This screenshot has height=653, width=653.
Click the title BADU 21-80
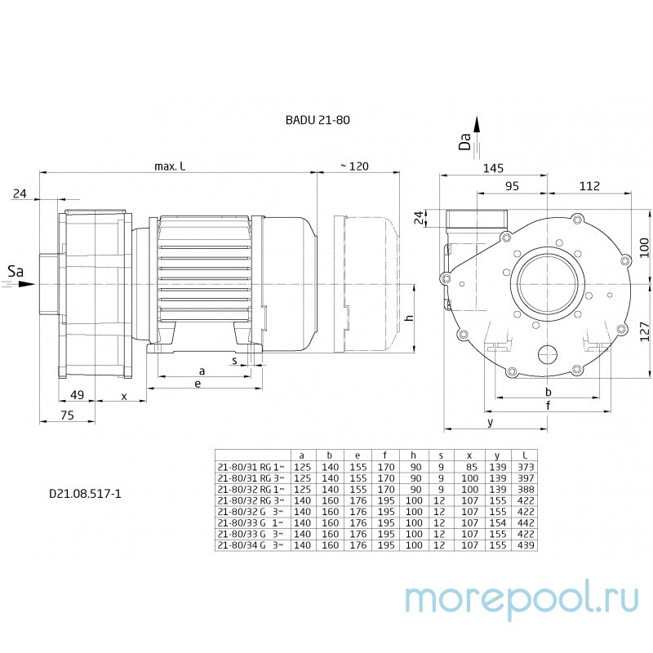point(318,119)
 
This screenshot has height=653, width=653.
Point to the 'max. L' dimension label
point(170,167)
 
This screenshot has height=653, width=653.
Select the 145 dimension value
point(492,168)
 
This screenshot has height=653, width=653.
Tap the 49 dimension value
point(77,395)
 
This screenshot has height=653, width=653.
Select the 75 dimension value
point(67,415)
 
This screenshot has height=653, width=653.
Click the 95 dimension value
point(512,186)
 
